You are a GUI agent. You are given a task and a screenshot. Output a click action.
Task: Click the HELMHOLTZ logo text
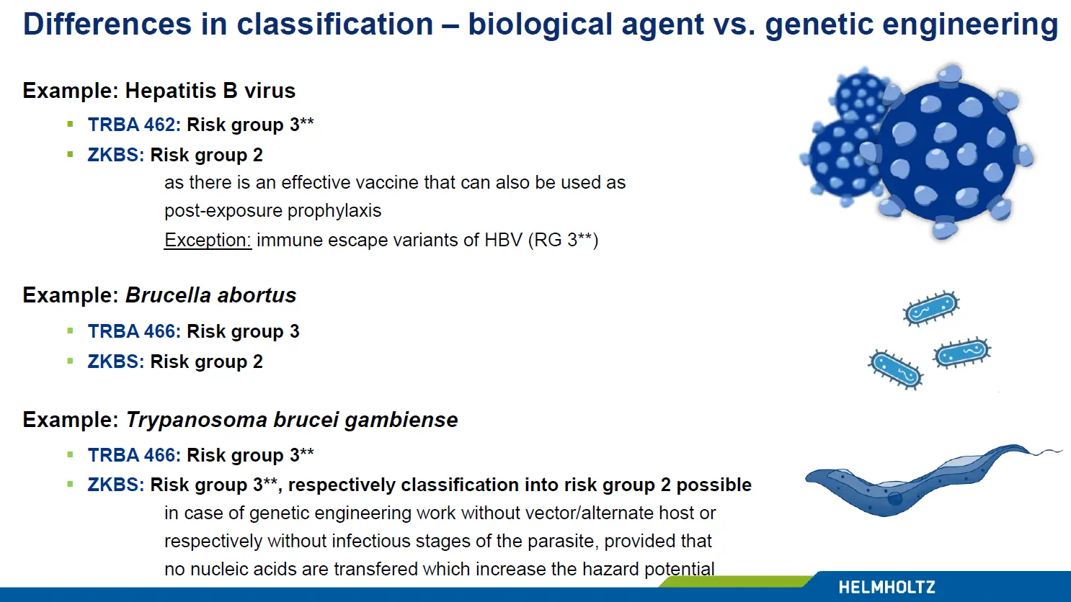tap(887, 587)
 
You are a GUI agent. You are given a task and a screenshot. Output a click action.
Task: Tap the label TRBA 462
tap(134, 125)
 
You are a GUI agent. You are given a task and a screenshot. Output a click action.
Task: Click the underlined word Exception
tap(208, 240)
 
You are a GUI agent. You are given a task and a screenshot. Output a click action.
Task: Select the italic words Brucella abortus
tap(211, 295)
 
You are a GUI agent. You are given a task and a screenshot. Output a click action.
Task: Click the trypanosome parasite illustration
tap(933, 480)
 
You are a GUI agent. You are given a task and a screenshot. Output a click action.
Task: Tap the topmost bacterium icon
tap(931, 308)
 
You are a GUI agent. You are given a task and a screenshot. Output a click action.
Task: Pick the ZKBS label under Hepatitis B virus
tap(116, 155)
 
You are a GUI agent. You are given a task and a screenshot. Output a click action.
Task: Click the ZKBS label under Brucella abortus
tap(116, 361)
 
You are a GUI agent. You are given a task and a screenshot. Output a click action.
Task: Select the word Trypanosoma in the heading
tap(196, 420)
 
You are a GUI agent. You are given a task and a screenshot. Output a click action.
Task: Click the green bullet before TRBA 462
tap(71, 125)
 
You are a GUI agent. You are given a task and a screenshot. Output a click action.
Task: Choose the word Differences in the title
tap(107, 24)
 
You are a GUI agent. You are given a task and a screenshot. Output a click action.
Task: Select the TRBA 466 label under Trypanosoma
tap(134, 455)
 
